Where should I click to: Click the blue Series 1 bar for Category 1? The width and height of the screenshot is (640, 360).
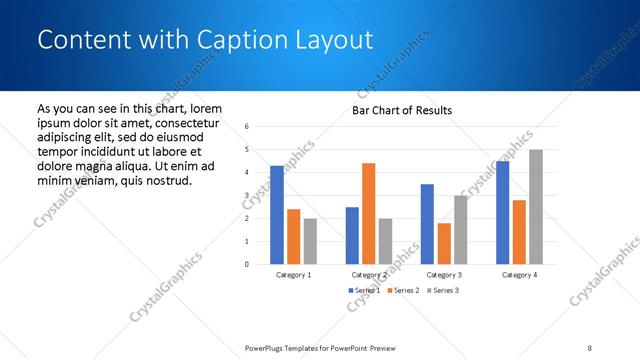coord(277,215)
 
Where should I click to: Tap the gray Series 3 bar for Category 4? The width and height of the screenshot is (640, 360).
coord(536,207)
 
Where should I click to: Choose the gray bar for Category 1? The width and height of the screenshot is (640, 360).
coord(310,241)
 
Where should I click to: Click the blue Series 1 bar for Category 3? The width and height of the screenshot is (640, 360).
coord(427,224)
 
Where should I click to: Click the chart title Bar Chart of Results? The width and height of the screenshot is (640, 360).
coord(401,110)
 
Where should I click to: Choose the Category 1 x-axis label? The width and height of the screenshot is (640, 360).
coord(293,274)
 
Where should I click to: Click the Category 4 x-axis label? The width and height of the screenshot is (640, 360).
coord(519,274)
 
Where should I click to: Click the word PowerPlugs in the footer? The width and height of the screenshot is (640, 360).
coord(265,347)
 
